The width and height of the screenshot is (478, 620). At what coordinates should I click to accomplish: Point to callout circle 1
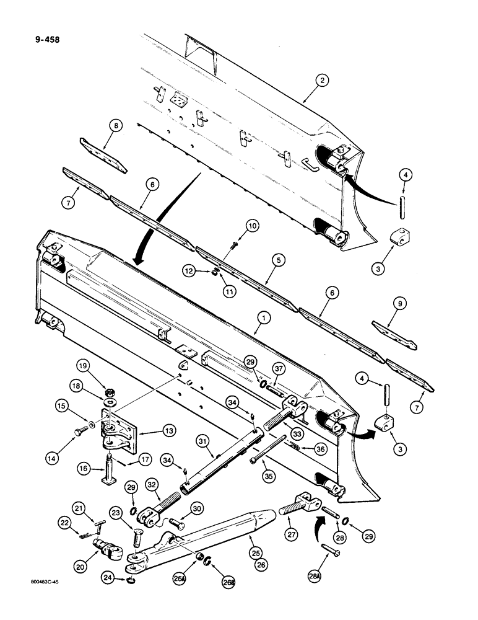(264, 317)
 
